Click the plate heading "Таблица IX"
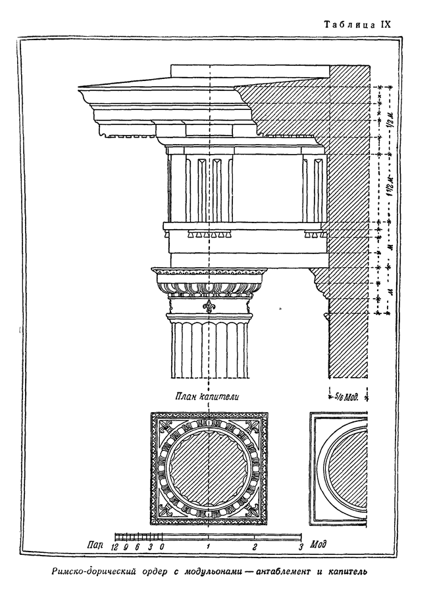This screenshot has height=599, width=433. coord(358,24)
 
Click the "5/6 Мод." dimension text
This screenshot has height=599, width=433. coord(349,396)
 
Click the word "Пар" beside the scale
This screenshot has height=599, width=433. coord(94,546)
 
